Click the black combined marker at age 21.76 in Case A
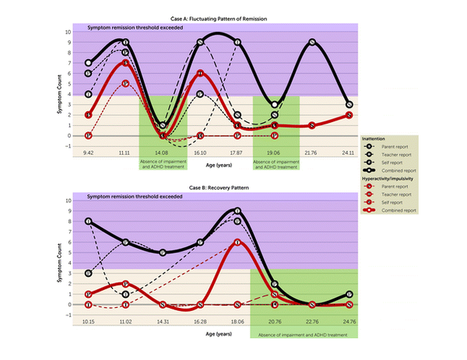click(x=312, y=43)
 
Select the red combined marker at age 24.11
click(x=349, y=114)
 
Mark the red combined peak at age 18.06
click(x=237, y=242)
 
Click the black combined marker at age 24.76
click(x=349, y=295)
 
